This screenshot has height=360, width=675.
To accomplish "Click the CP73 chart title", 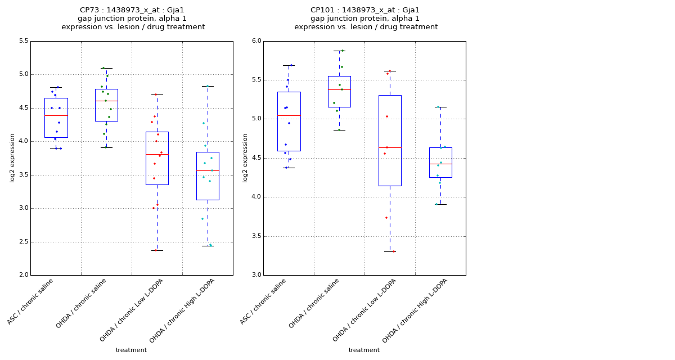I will [x=133, y=19].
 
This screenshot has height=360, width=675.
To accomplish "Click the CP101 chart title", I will [x=366, y=19].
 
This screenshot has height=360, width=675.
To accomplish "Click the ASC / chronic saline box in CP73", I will [x=56, y=118].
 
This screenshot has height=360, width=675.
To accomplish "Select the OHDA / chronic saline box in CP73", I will [x=106, y=105].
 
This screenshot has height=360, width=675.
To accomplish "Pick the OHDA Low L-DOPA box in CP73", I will [x=157, y=158].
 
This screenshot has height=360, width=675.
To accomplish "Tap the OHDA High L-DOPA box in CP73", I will [x=208, y=175].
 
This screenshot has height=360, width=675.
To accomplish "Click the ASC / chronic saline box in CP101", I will [x=289, y=121].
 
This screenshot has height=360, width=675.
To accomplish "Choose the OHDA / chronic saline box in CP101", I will [x=339, y=92].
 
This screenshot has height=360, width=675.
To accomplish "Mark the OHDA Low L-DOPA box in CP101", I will [x=390, y=140].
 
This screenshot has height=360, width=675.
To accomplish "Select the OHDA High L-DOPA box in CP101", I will [x=440, y=163].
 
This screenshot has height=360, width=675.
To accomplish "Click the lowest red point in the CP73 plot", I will [x=156, y=250].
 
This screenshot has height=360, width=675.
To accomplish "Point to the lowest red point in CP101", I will [x=393, y=251].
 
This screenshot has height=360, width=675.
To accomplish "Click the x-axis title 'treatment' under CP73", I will [x=131, y=350].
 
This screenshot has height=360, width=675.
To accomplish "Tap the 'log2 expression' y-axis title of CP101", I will [x=245, y=157].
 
